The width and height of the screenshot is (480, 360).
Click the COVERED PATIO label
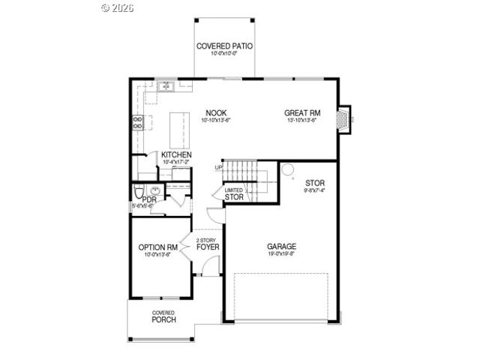pyautogui.click(x=224, y=46)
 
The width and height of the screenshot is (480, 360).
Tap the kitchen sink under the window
pyautogui.click(x=164, y=87)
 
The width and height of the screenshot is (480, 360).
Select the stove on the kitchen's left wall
pyautogui.click(x=138, y=121)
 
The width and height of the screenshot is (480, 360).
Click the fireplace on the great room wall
pyautogui.click(x=343, y=118)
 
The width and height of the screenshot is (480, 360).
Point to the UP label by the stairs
pyautogui.click(x=219, y=167)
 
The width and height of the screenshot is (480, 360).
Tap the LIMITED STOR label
pyautogui.click(x=234, y=194)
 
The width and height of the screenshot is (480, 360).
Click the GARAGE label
pyautogui.click(x=282, y=246)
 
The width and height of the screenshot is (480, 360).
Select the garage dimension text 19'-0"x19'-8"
pyautogui.click(x=282, y=254)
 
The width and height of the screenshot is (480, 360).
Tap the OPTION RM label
pyautogui.click(x=157, y=247)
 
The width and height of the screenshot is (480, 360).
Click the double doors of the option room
pyautogui.click(x=186, y=245)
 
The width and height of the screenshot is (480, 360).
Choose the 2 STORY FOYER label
pyautogui.click(x=207, y=243)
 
